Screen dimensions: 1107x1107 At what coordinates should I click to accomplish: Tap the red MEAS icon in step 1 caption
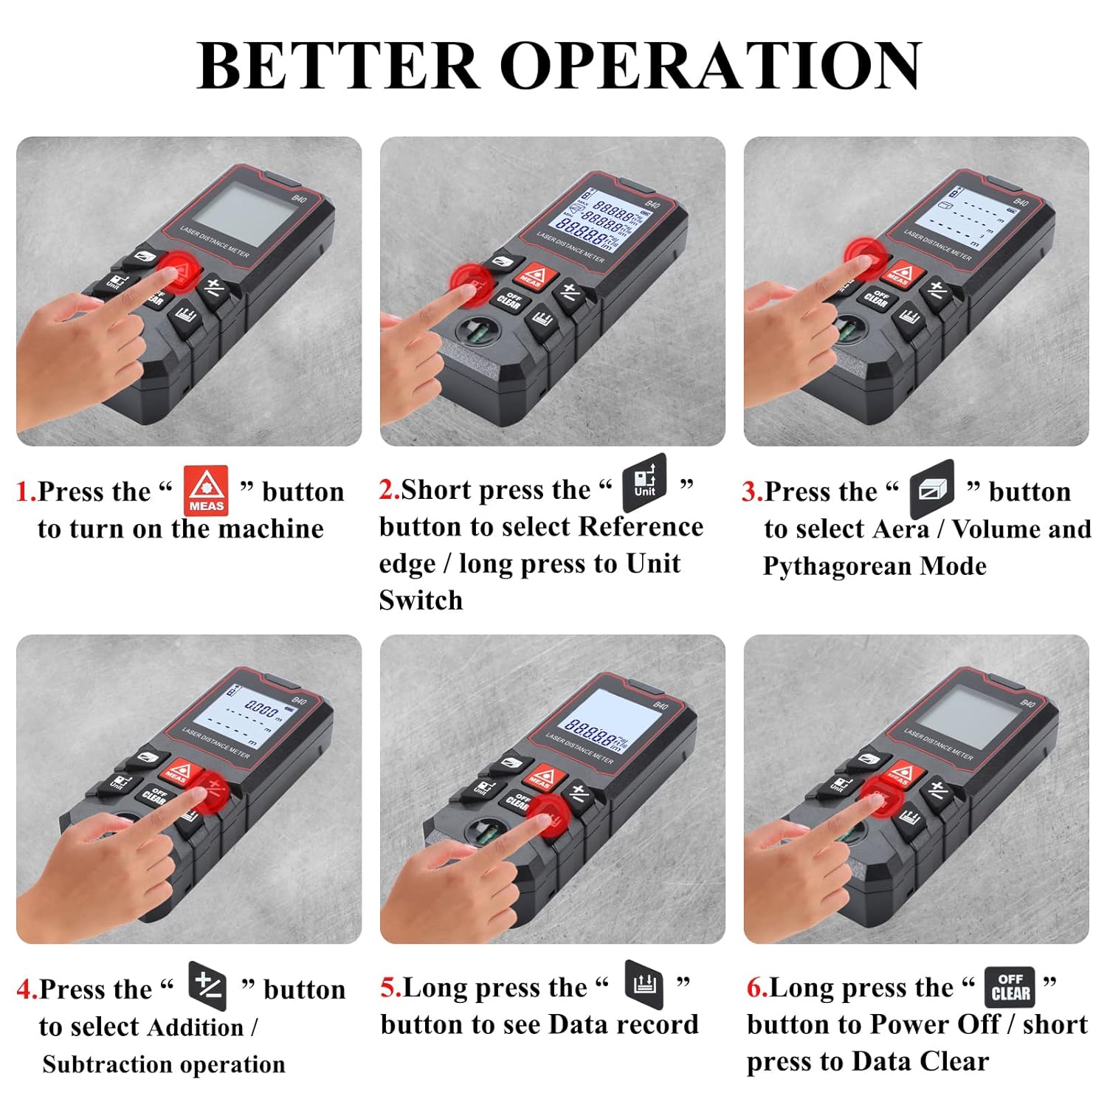206,490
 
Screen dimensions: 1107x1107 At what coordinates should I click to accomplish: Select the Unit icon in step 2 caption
644,482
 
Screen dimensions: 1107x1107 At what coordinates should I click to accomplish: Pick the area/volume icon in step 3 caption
931,485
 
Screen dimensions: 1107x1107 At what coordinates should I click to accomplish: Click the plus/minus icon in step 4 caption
207,985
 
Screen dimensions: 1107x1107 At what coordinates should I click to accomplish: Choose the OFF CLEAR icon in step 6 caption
1010,987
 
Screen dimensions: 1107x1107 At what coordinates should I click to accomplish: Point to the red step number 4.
25,989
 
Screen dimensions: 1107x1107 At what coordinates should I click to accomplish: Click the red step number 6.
756,987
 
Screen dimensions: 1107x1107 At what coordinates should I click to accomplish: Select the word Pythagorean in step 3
835,566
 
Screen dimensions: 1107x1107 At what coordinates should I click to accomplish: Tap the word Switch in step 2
421,600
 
